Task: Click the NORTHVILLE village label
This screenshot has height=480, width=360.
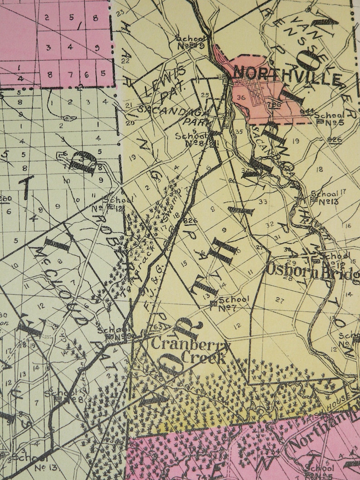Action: [x=287, y=75]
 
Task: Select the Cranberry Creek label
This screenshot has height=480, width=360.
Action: [x=190, y=350]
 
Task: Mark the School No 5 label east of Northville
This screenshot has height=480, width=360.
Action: [x=331, y=119]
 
